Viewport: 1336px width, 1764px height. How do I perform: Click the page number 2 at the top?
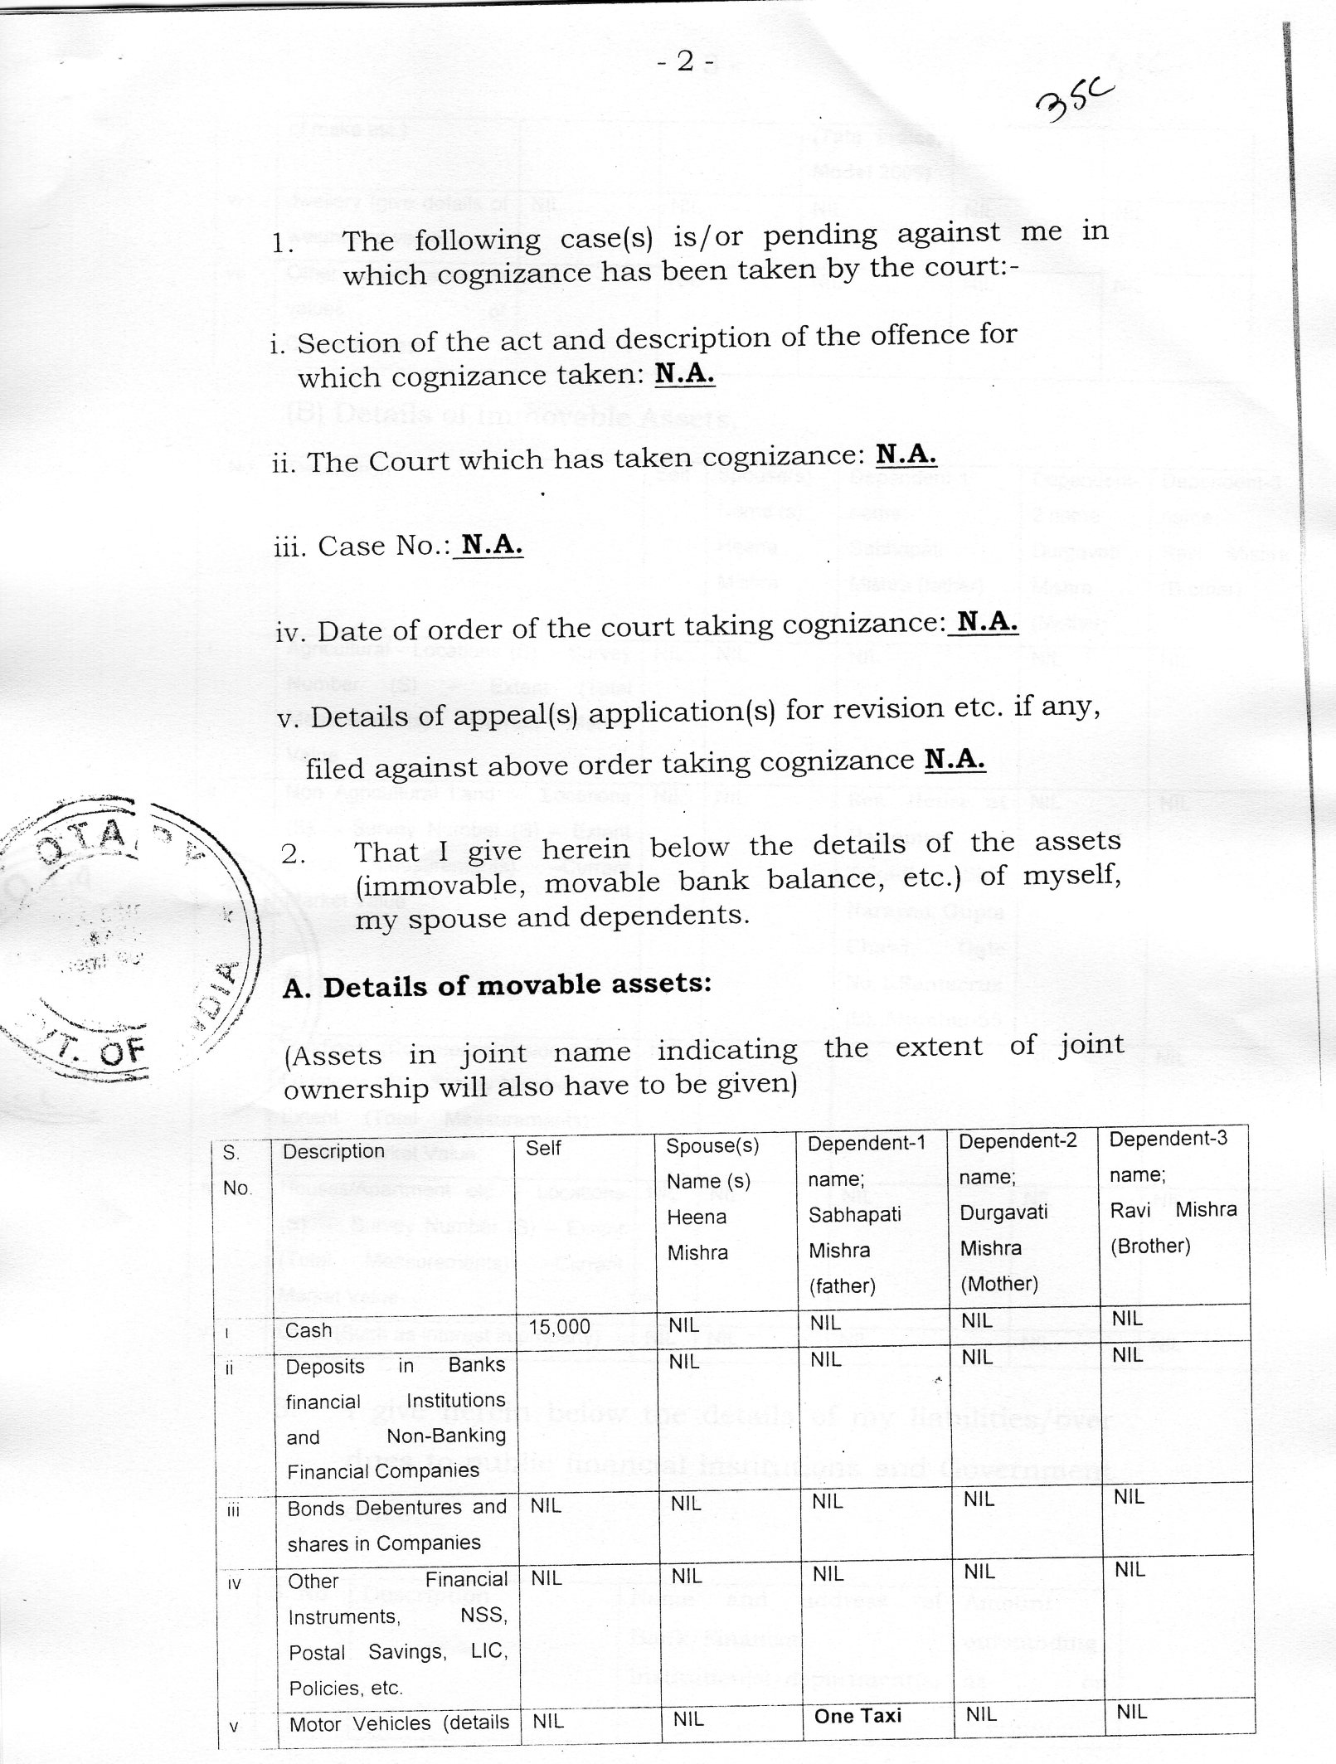click(x=684, y=62)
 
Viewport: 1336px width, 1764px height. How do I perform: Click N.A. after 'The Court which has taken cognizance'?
click(x=906, y=454)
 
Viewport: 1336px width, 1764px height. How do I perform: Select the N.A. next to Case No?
click(x=492, y=544)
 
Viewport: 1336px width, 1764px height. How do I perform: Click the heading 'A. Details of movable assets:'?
click(x=497, y=986)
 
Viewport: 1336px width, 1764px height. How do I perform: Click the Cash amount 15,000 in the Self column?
click(x=560, y=1327)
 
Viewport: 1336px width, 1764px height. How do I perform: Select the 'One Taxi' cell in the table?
click(x=857, y=1716)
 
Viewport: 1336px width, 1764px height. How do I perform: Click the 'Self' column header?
click(x=544, y=1149)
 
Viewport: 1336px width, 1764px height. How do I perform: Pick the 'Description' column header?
click(x=333, y=1151)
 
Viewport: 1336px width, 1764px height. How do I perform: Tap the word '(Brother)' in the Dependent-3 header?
click(x=1150, y=1246)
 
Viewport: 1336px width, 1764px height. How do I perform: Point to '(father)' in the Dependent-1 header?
click(x=842, y=1286)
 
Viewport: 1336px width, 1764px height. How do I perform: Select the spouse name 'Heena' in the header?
click(x=697, y=1217)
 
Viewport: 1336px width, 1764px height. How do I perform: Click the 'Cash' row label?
click(x=308, y=1330)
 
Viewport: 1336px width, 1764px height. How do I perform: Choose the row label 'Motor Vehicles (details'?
click(x=398, y=1723)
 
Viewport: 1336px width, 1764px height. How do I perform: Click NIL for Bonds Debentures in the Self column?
click(x=546, y=1505)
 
